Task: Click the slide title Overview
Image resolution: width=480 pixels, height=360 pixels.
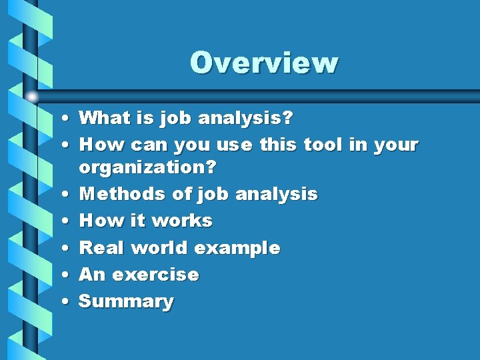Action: pyautogui.click(x=264, y=63)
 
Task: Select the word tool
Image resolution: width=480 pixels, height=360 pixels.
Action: pyautogui.click(x=323, y=144)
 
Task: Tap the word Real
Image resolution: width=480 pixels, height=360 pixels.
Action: pyautogui.click(x=101, y=247)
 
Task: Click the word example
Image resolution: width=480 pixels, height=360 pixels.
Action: pyautogui.click(x=237, y=249)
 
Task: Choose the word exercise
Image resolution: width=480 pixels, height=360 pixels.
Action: pyautogui.click(x=155, y=274)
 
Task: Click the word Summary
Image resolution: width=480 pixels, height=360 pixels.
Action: pyautogui.click(x=126, y=301)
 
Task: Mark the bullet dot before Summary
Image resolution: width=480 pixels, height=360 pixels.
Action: pyautogui.click(x=61, y=301)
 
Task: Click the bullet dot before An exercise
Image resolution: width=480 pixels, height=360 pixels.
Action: pyautogui.click(x=61, y=274)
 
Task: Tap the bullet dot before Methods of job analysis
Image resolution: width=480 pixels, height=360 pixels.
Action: pyautogui.click(x=61, y=194)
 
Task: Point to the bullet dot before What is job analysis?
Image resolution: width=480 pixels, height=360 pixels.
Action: pyautogui.click(x=61, y=118)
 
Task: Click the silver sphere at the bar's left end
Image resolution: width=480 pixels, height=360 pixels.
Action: pyautogui.click(x=32, y=97)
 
